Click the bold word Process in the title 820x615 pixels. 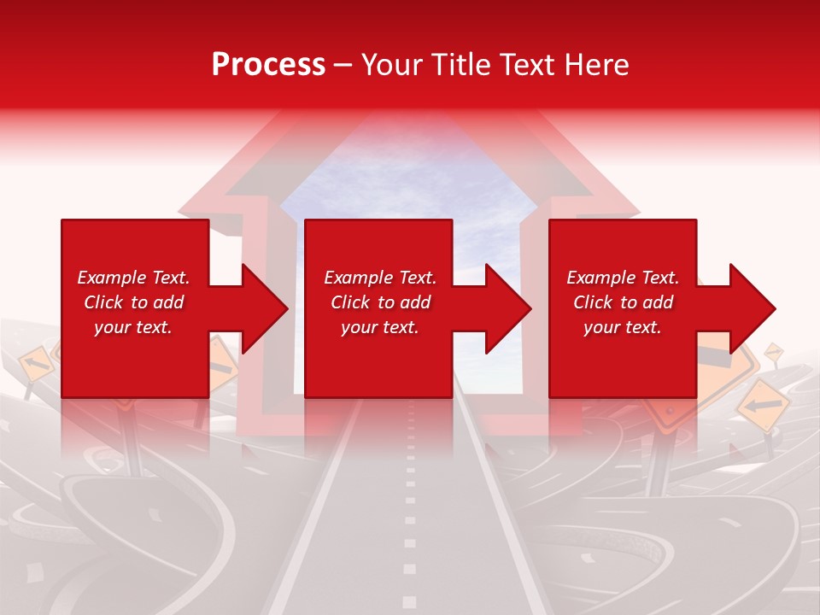[268, 65]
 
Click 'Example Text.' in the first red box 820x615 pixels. [133, 278]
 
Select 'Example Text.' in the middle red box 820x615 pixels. [380, 278]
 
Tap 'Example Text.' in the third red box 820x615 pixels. [623, 278]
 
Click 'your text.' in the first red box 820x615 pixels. [133, 327]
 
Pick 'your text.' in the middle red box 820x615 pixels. [380, 327]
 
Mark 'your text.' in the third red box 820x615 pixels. [623, 327]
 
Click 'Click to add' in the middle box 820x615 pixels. [380, 302]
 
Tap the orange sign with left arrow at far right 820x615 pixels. [762, 404]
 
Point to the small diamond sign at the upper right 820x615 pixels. [774, 350]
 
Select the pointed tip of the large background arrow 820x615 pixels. [410, 120]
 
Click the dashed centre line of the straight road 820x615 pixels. [410, 512]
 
